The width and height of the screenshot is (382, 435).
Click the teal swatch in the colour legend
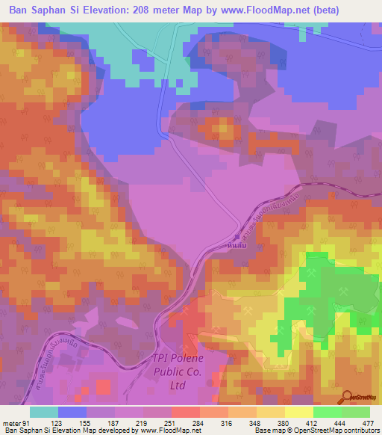pos(44,412)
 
